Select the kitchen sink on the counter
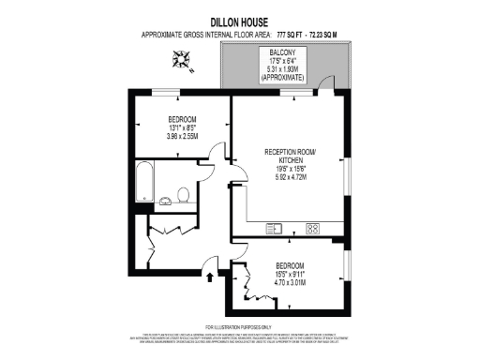(276, 228)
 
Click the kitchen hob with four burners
(312, 228)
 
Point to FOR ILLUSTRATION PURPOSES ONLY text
(239, 327)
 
